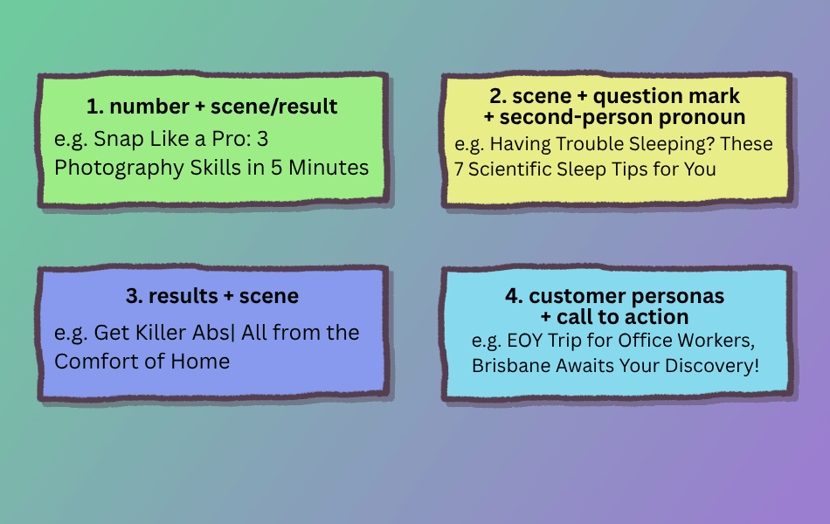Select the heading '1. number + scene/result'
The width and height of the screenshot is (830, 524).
click(x=211, y=107)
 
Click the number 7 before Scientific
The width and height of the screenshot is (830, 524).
click(x=459, y=169)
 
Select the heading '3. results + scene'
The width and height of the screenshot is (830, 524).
click(x=211, y=296)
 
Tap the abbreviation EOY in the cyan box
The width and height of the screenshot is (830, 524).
click(x=524, y=341)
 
